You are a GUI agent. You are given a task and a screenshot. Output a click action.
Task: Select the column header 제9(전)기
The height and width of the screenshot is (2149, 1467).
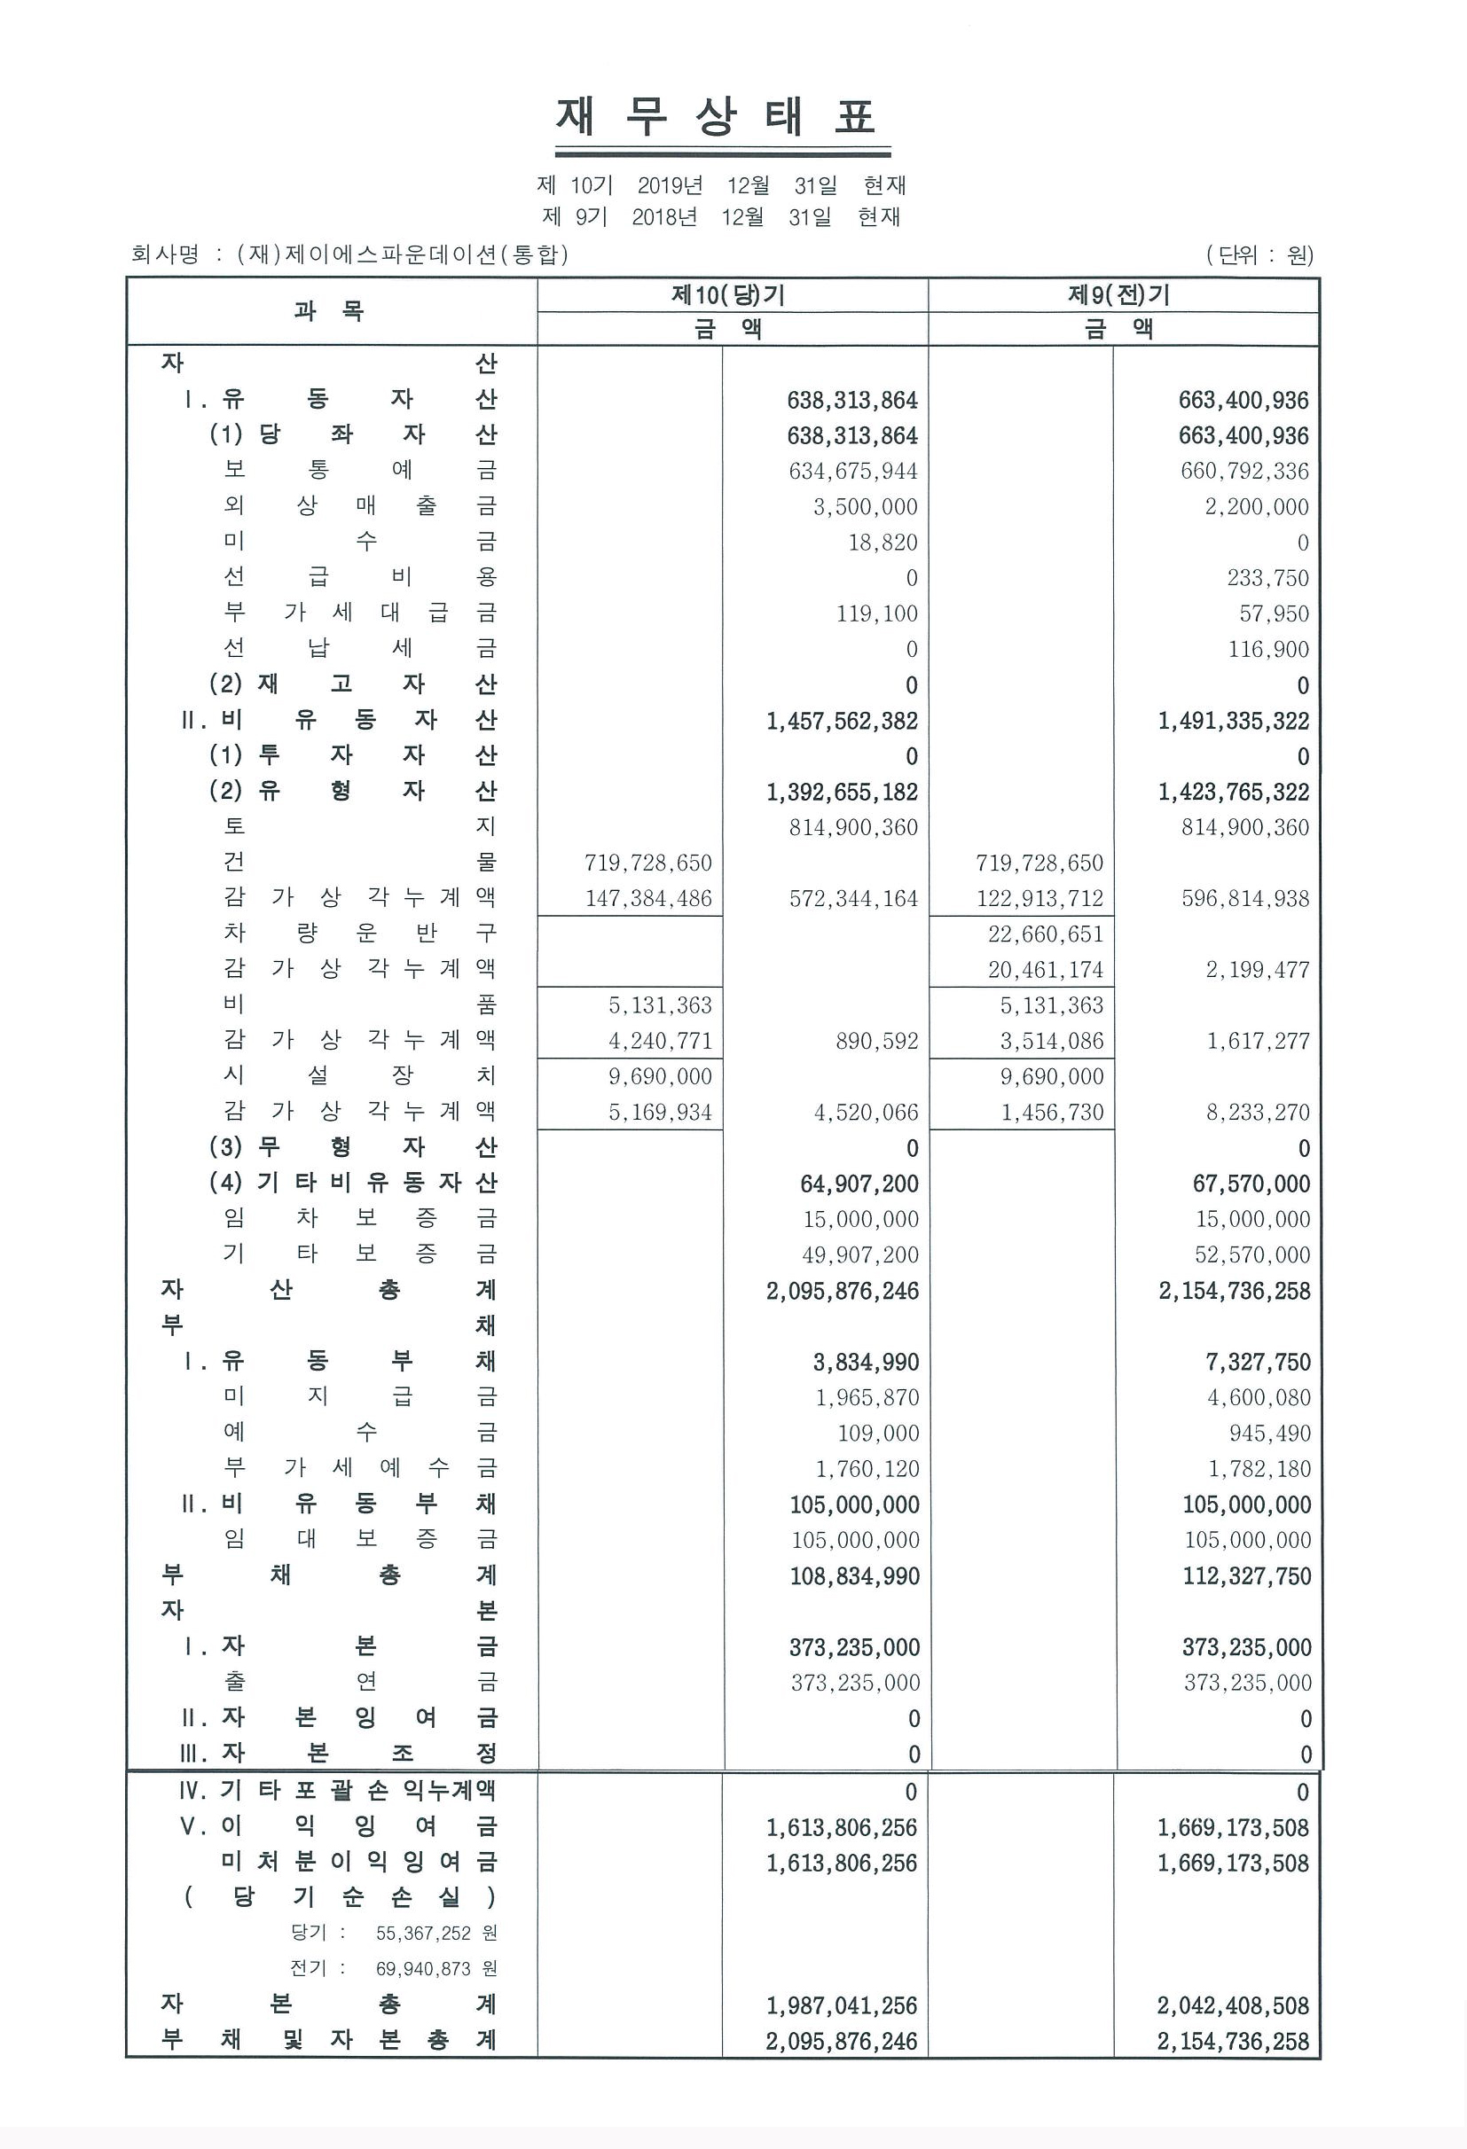[1119, 296]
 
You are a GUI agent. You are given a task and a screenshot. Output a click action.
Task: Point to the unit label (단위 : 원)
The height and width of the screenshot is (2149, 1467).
[1259, 254]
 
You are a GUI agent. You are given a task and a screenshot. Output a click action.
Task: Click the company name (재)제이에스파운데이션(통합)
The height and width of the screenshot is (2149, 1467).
[403, 254]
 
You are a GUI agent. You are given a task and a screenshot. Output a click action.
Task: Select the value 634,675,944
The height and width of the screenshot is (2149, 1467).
[853, 472]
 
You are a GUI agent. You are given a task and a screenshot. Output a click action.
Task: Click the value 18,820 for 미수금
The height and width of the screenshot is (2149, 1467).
[883, 543]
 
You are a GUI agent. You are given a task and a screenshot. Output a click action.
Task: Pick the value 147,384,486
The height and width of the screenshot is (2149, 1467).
[648, 899]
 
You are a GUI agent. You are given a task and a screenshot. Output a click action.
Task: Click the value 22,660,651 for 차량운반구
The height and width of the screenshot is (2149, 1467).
[1045, 934]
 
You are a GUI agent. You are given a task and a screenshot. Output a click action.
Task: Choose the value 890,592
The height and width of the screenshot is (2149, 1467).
[877, 1041]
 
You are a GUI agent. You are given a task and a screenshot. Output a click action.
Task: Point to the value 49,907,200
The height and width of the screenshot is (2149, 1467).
[861, 1254]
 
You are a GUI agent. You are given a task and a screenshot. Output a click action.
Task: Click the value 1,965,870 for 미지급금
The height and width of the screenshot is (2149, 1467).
[867, 1397]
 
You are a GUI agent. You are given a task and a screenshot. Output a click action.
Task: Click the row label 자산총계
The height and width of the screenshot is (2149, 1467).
[329, 1290]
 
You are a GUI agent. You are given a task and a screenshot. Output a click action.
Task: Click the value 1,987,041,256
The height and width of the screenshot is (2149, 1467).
[842, 2005]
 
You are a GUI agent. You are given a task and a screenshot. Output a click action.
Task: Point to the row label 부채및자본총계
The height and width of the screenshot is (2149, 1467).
[329, 2041]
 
